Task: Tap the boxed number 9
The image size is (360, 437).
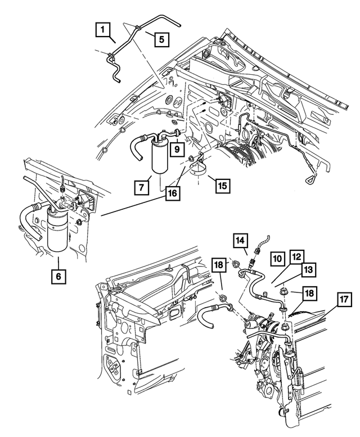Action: tap(176, 150)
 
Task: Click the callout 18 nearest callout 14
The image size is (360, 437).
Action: tap(219, 266)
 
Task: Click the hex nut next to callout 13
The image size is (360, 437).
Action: tap(285, 291)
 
